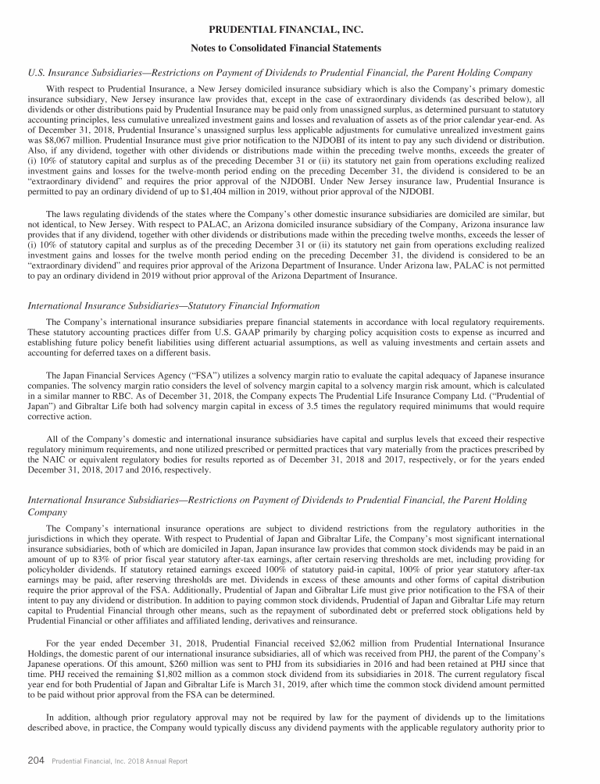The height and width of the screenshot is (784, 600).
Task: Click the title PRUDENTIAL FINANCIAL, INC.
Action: (300, 29)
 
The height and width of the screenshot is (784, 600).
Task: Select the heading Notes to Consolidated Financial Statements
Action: (300, 48)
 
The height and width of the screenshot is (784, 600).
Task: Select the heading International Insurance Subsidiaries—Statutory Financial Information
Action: (173, 304)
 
